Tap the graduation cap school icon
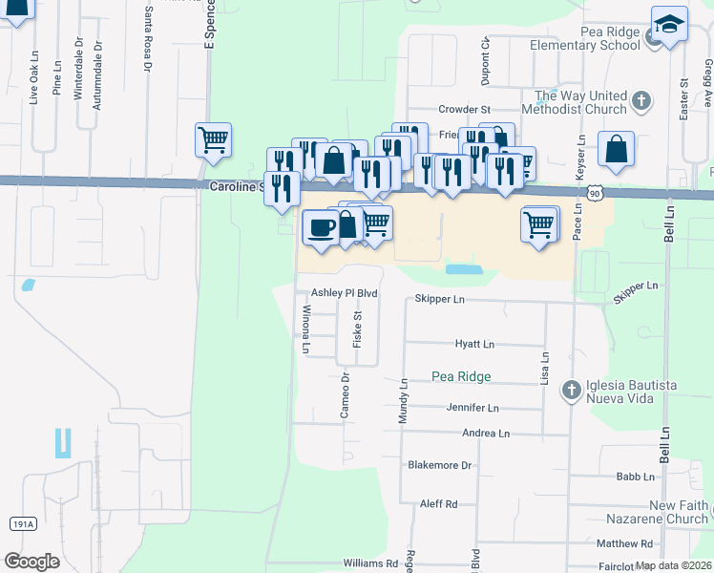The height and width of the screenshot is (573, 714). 669,25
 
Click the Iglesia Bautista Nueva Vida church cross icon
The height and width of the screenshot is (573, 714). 571,390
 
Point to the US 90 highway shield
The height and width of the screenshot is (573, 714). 595,193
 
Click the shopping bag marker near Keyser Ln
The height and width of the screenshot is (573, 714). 616,150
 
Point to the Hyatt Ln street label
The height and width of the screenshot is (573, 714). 474,344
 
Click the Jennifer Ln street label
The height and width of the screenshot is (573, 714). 472,408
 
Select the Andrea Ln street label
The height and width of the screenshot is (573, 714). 485,433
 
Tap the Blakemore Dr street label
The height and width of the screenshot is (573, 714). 440,465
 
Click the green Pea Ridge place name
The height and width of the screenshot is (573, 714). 460,376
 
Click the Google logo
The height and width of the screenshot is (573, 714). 31,562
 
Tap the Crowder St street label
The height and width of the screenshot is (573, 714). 464,110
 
